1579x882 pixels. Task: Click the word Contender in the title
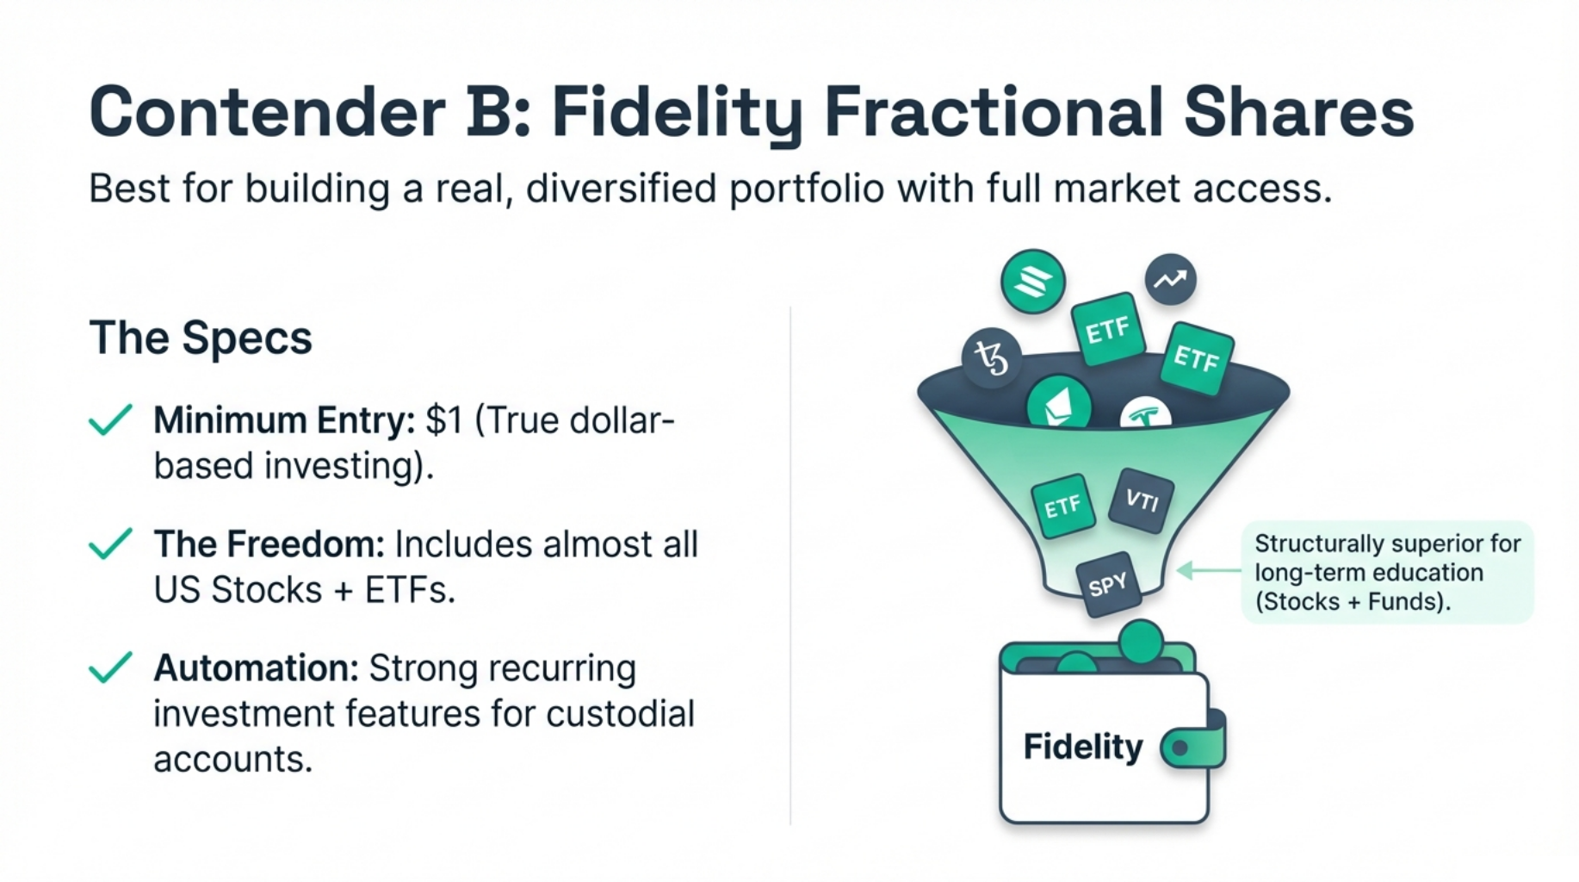pos(268,111)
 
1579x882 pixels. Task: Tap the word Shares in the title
pos(1299,111)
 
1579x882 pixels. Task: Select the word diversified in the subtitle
pos(621,188)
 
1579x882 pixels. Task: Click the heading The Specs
pos(201,338)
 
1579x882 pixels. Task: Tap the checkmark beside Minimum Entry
pos(110,419)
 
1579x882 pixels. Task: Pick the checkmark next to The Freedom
pos(110,543)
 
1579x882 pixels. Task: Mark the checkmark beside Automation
pos(110,668)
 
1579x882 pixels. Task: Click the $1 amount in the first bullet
pos(444,420)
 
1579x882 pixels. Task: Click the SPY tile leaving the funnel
pos(1108,585)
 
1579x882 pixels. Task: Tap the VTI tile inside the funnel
pos(1142,500)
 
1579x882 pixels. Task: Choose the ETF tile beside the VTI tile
pos(1062,506)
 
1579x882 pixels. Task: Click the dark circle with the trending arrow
pos(1170,279)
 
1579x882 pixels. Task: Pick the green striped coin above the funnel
pos(1033,281)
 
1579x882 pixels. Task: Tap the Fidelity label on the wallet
pos(1083,747)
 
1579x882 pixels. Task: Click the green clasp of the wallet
pos(1194,746)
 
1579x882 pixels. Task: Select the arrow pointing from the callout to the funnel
pos(1209,570)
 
